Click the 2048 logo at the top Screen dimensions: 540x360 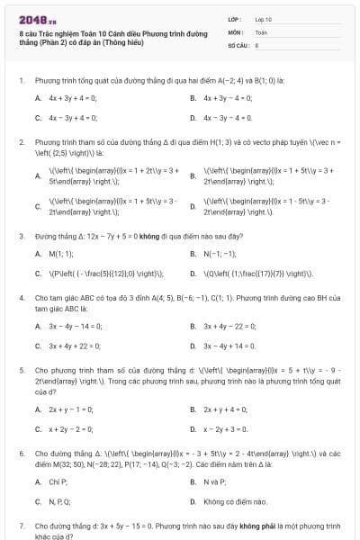[31, 19]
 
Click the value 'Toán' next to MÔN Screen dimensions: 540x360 [262, 31]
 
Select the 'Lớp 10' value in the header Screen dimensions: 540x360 [263, 18]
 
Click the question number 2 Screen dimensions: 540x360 [21, 143]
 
